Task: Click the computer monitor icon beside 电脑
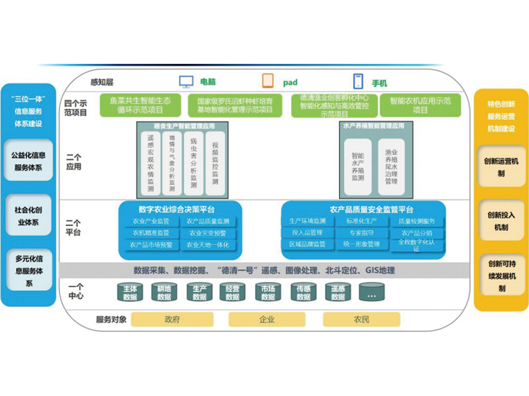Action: [x=186, y=82]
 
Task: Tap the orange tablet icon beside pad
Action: [x=268, y=81]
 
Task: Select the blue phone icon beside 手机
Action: [x=358, y=82]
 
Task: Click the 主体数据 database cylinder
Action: [x=130, y=293]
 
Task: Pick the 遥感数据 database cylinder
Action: [x=338, y=293]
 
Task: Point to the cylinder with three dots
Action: [x=371, y=293]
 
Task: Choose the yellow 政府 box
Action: [x=172, y=319]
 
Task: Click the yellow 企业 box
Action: [x=267, y=319]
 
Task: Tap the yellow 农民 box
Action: [x=361, y=319]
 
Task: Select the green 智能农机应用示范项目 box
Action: [x=420, y=106]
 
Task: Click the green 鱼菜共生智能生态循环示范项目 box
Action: [x=141, y=106]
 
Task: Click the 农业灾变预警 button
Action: [x=208, y=233]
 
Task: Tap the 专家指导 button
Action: [x=361, y=233]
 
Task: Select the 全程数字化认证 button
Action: [x=417, y=245]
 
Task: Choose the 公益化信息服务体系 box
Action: [x=28, y=161]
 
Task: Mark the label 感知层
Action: [x=102, y=82]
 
